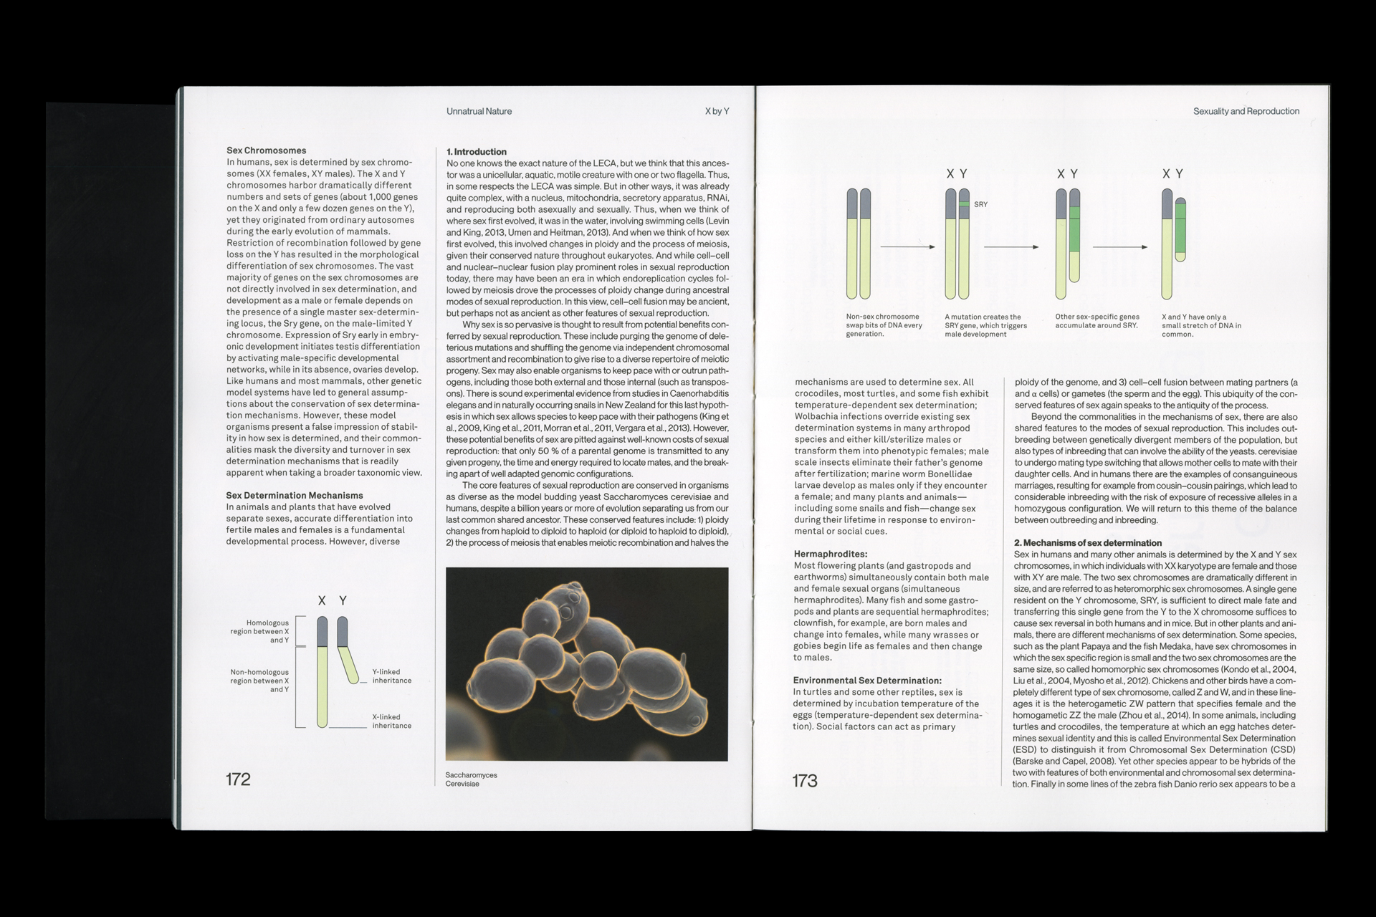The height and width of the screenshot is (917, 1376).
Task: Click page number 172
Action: coord(238,779)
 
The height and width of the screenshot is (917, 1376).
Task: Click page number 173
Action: coord(804,781)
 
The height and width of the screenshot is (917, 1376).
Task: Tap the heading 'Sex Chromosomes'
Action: coord(266,150)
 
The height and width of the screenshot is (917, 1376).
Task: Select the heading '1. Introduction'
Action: coord(476,152)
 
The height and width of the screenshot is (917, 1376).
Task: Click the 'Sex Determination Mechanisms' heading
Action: coord(295,496)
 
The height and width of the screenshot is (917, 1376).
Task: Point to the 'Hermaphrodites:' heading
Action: coord(831,554)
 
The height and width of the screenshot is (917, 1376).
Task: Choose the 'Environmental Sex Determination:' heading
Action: coord(867,681)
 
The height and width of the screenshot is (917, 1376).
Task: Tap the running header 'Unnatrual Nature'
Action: coord(479,112)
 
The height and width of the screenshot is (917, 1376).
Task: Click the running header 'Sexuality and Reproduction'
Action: coord(1246,112)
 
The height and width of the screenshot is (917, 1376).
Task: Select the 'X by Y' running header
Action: coord(717,112)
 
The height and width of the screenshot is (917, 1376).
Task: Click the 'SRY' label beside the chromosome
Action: coord(980,205)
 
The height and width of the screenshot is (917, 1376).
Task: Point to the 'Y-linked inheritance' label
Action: coord(391,676)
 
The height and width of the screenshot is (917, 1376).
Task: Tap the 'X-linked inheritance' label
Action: coord(391,721)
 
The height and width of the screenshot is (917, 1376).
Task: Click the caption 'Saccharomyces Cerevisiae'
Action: coord(471,779)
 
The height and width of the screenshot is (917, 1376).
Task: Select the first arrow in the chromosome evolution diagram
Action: coord(907,247)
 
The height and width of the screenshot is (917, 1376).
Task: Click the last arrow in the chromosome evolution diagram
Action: coord(1119,247)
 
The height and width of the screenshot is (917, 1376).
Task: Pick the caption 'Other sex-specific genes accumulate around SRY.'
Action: coord(1096,321)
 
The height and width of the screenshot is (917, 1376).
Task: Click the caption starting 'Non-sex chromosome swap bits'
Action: coord(884,325)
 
